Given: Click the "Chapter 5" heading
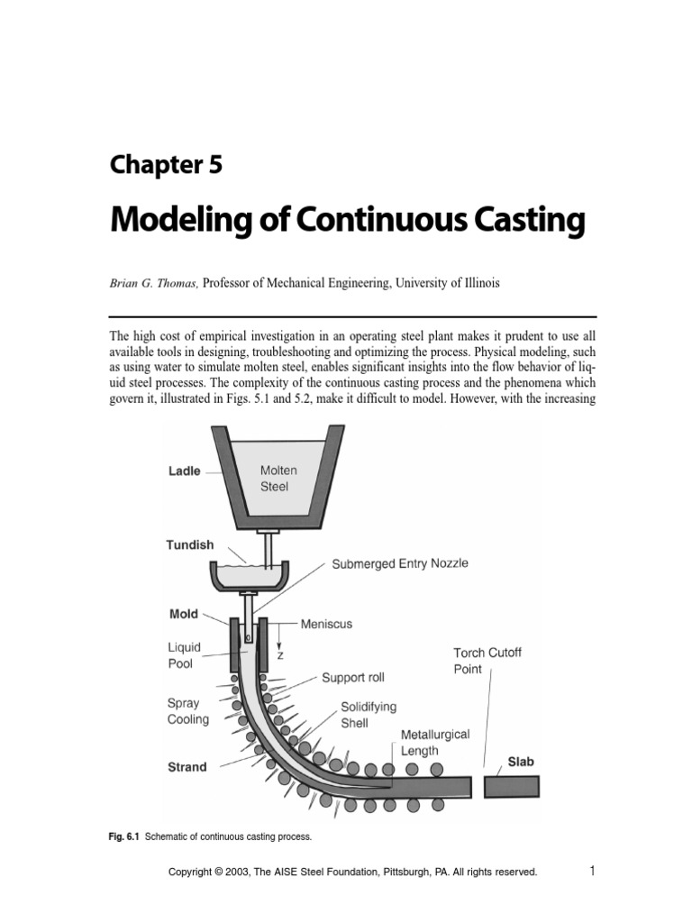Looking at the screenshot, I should (x=166, y=164).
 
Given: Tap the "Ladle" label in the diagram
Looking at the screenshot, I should (x=185, y=471).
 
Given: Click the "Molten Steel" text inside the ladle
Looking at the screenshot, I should (x=278, y=479).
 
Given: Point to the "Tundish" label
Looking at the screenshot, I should (x=191, y=544).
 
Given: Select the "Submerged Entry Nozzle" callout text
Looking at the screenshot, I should (x=400, y=563).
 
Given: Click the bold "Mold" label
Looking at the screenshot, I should (x=183, y=613).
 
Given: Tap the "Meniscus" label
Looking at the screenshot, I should (x=327, y=623).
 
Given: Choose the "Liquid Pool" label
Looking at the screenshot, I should (x=184, y=655).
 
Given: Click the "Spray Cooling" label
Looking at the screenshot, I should (x=188, y=711).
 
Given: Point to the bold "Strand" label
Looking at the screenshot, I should (x=187, y=767).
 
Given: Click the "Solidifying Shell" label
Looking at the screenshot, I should (x=368, y=715).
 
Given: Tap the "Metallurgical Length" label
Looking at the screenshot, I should (x=435, y=743).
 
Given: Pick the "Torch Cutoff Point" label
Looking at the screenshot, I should (x=481, y=661).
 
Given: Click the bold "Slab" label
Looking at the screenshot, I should (x=521, y=761).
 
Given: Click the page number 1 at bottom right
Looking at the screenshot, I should (x=592, y=871).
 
